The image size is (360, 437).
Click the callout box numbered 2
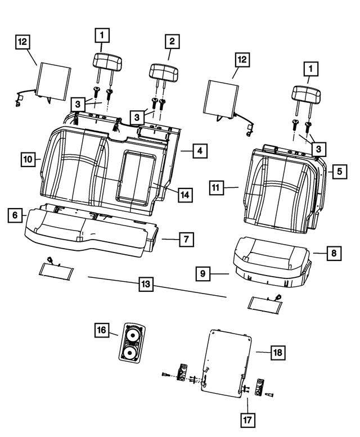tap(171, 41)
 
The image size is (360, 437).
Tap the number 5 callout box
tap(339, 171)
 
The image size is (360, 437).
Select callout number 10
tap(28, 159)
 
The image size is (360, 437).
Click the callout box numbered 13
tap(146, 285)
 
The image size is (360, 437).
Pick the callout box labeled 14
tap(184, 195)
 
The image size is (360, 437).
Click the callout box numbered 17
tap(247, 419)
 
